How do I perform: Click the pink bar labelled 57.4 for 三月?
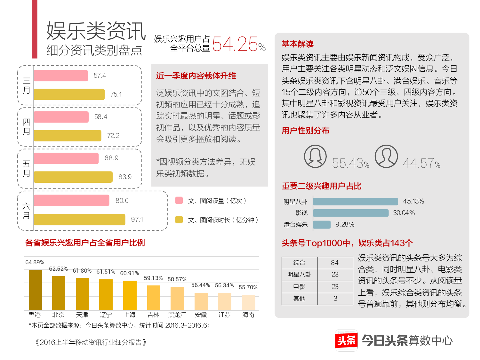pyautogui.click(x=60, y=76)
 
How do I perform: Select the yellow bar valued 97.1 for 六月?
pyautogui.click(x=79, y=220)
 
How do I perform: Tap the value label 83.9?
pyautogui.click(x=125, y=177)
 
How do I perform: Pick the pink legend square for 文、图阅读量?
pyautogui.click(x=179, y=201)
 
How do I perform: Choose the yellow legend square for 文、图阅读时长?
pyautogui.click(x=179, y=220)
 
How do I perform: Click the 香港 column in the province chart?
pyautogui.click(x=35, y=290)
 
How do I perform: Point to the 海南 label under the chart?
pyautogui.click(x=248, y=315)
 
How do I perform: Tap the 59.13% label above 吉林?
pyautogui.click(x=153, y=278)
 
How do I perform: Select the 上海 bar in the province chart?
pyautogui.click(x=130, y=295)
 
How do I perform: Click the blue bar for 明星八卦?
pyautogui.click(x=355, y=202)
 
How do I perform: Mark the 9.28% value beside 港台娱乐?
pyautogui.click(x=345, y=225)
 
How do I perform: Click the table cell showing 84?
pyautogui.click(x=335, y=263)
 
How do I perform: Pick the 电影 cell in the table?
pyautogui.click(x=299, y=287)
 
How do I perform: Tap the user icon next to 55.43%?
pyautogui.click(x=315, y=156)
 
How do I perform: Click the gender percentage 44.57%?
pyautogui.click(x=421, y=164)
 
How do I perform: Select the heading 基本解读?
pyautogui.click(x=298, y=44)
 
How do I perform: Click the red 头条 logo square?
pyautogui.click(x=346, y=340)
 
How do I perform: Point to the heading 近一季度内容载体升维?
pyautogui.click(x=196, y=76)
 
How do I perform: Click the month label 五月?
pyautogui.click(x=26, y=169)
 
